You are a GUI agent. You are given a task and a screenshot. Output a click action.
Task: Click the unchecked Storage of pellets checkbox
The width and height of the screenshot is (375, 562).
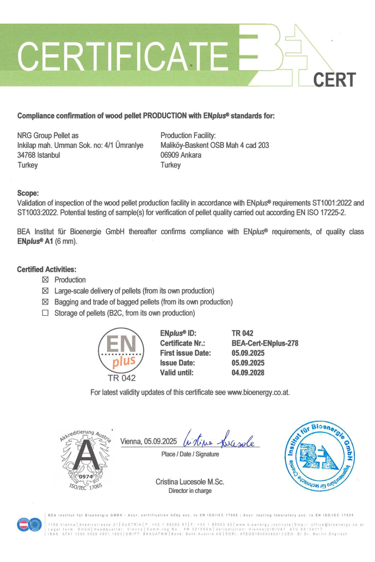click(45, 313)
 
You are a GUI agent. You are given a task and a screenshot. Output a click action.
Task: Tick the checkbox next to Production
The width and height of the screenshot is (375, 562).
click(45, 279)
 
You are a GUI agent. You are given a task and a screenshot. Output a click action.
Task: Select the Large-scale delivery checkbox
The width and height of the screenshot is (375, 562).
click(45, 291)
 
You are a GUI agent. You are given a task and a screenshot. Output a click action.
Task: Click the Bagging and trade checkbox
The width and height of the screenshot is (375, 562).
click(45, 302)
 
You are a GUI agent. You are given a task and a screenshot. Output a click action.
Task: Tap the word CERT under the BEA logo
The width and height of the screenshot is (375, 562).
click(334, 80)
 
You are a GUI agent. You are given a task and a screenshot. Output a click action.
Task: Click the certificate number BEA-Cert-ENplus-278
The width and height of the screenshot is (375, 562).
click(265, 343)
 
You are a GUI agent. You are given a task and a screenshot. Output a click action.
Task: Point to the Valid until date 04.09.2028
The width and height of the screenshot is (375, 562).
click(248, 372)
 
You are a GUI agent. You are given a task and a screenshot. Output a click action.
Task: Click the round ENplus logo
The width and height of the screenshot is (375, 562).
click(121, 350)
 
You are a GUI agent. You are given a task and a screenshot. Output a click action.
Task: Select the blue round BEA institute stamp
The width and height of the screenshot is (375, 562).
click(319, 456)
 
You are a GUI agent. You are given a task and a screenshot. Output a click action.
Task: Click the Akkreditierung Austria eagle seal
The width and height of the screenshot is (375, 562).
click(85, 459)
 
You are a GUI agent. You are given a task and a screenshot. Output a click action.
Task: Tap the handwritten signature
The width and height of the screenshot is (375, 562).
click(220, 440)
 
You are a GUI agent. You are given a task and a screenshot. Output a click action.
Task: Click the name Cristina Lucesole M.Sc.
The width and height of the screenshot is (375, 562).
click(190, 482)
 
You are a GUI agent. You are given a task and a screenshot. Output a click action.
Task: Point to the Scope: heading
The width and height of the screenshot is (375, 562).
click(28, 193)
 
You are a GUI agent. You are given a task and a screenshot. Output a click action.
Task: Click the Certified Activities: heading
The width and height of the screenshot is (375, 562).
click(47, 269)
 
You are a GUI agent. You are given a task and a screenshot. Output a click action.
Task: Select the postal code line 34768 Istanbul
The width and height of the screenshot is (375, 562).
click(38, 155)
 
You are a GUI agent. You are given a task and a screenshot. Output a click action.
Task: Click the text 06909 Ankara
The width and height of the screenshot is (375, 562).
click(181, 155)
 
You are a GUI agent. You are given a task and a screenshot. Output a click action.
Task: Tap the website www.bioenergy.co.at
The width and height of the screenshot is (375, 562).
click(258, 392)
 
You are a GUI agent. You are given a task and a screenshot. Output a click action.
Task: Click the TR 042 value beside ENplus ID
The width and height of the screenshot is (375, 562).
click(242, 333)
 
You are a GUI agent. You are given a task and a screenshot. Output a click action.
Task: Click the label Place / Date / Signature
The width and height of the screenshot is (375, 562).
click(190, 454)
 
